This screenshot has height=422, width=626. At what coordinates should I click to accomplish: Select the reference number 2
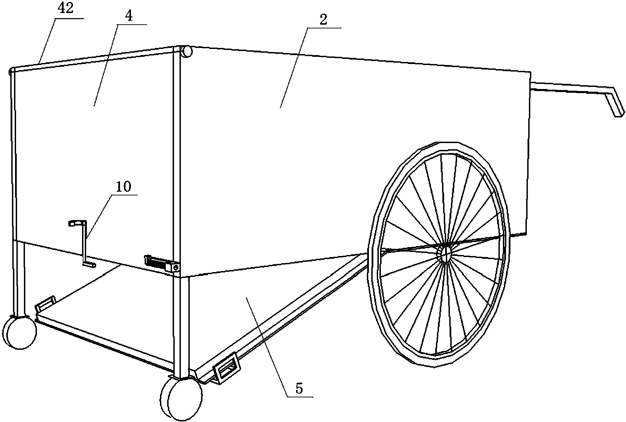323,20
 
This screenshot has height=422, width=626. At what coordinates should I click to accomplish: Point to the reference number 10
123,187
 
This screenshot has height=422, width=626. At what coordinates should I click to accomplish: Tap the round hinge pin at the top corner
186,52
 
